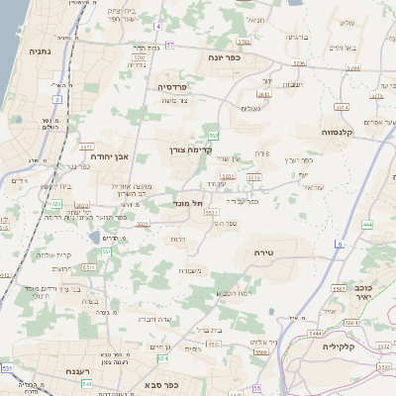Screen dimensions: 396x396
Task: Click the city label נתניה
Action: tap(40, 50)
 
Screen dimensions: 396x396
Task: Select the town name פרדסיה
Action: tap(178, 87)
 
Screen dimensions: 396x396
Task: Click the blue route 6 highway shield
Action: tap(339, 244)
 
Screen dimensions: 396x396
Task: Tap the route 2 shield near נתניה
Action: tap(57, 100)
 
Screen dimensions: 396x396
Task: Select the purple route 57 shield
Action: tap(170, 45)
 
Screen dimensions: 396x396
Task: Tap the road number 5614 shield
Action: tap(342, 106)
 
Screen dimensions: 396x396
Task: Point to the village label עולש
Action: tap(346, 22)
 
